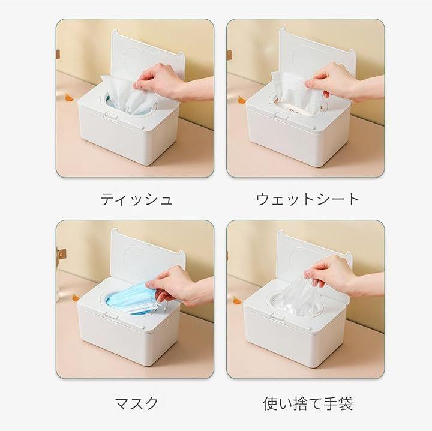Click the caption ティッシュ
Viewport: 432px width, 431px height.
[136, 199]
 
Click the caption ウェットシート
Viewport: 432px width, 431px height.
[307, 199]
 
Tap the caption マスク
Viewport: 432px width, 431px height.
[136, 403]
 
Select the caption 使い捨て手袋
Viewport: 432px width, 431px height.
[308, 403]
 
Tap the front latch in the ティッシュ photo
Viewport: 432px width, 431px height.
[111, 115]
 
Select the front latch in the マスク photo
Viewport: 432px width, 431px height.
[111, 316]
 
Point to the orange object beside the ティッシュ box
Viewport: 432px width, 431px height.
[68, 97]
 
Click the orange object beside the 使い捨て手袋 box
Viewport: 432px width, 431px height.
[237, 300]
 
